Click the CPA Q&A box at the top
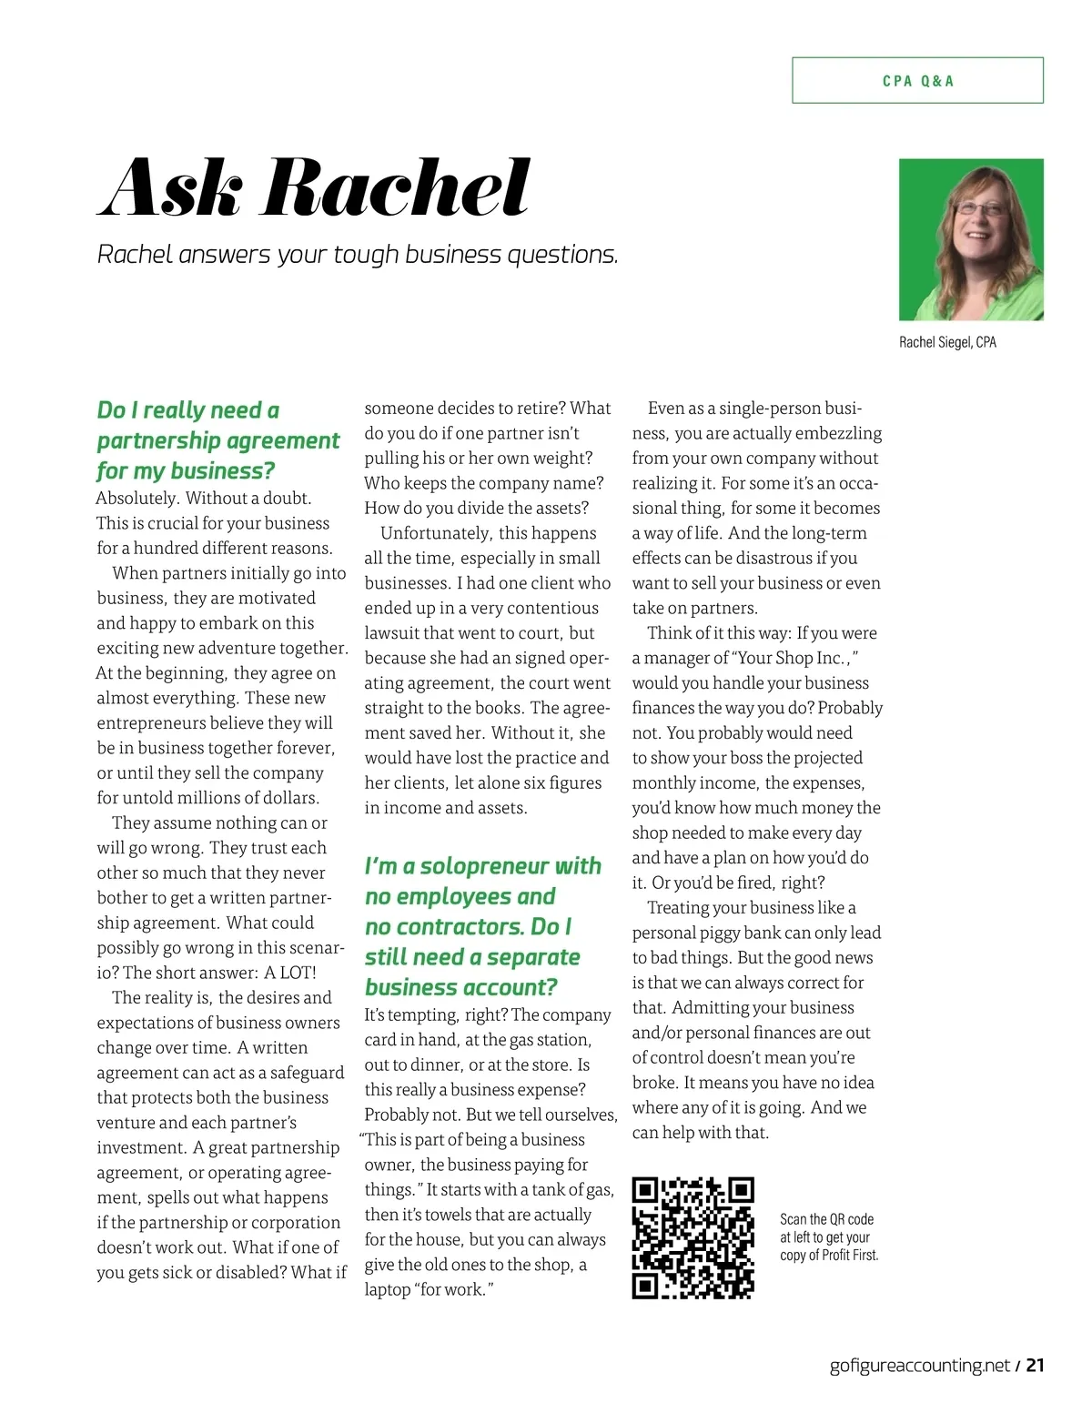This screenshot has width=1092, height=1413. (x=917, y=80)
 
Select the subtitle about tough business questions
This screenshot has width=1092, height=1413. (x=358, y=255)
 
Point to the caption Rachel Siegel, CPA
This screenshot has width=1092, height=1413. (x=947, y=342)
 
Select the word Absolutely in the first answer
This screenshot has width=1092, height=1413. (x=136, y=498)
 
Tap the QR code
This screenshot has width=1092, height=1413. (x=693, y=1238)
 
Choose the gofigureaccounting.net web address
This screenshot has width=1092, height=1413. (x=919, y=1365)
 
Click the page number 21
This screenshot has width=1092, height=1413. (x=1035, y=1365)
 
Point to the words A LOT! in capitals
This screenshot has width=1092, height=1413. (x=290, y=972)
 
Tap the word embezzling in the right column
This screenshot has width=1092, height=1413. (x=837, y=433)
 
